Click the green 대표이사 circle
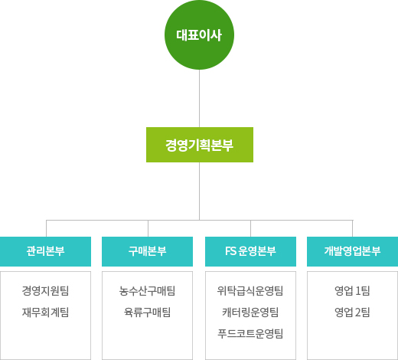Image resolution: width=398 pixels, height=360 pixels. pyautogui.click(x=199, y=34)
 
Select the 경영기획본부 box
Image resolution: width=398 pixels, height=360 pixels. pyautogui.click(x=200, y=145)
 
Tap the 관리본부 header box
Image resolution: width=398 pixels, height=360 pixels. pyautogui.click(x=45, y=251)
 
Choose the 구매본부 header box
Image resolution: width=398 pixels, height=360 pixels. pyautogui.click(x=147, y=251)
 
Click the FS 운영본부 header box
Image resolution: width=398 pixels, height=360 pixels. pyautogui.click(x=250, y=251)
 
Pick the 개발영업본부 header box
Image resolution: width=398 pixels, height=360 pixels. pyautogui.click(x=352, y=251)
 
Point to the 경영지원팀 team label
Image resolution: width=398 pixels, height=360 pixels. pyautogui.click(x=45, y=291)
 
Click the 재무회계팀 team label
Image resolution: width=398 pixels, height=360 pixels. pyautogui.click(x=45, y=313)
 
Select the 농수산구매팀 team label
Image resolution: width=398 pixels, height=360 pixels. pyautogui.click(x=147, y=291)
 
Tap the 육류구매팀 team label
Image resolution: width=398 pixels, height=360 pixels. pyautogui.click(x=147, y=313)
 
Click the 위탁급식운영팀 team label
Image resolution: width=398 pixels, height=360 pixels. pyautogui.click(x=250, y=291)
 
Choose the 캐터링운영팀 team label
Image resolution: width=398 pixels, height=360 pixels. pyautogui.click(x=250, y=313)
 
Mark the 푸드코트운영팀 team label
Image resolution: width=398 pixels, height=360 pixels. pyautogui.click(x=250, y=334)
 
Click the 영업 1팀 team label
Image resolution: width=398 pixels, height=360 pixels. pyautogui.click(x=352, y=291)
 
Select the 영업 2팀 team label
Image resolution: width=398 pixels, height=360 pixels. pyautogui.click(x=352, y=313)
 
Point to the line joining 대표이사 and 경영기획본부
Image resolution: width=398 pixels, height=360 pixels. pyautogui.click(x=199, y=98)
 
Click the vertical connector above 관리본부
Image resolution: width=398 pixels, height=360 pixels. pyautogui.click(x=46, y=228)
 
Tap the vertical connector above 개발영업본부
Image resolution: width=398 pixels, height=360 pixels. pyautogui.click(x=353, y=228)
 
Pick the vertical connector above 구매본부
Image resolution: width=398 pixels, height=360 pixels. pyautogui.click(x=148, y=228)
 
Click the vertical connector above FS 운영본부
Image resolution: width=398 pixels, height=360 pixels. pyautogui.click(x=250, y=228)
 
